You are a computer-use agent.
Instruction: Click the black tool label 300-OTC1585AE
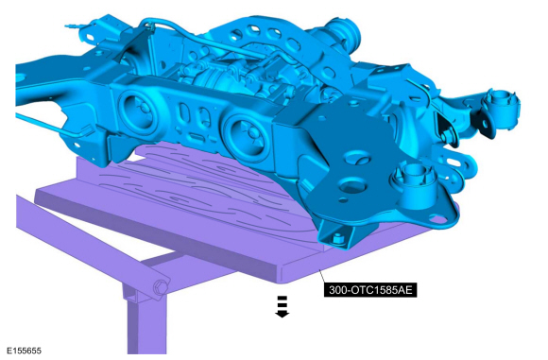coord(370,290)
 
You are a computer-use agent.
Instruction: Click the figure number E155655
coord(25,351)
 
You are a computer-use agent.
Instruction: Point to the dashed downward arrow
coord(283,306)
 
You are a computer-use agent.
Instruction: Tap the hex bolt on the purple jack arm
coord(160,288)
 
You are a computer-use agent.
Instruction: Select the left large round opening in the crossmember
coord(137,111)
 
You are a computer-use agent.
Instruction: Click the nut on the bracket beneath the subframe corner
coord(337,239)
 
